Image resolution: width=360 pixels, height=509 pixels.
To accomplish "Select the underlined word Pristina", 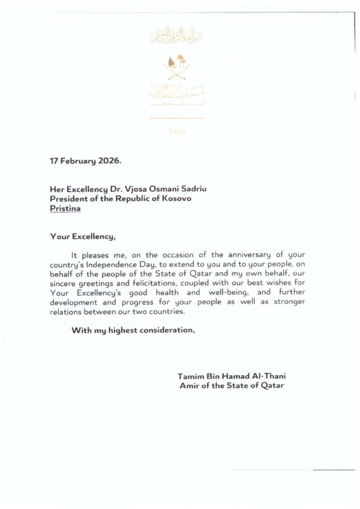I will (x=65, y=208).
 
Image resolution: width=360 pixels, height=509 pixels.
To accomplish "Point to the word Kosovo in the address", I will (x=176, y=199).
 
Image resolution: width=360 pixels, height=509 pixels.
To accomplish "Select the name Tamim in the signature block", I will (x=189, y=376).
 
